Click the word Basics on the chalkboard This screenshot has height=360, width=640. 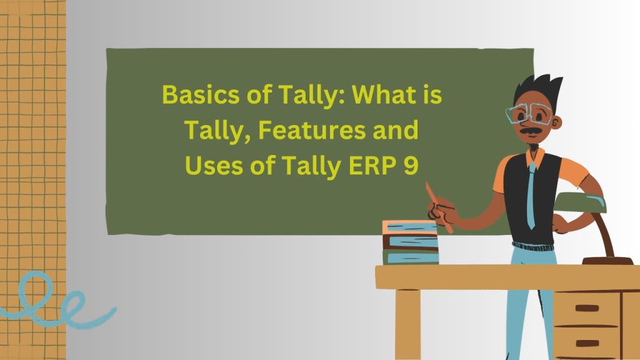point(194,95)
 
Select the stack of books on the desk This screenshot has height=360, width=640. point(410,242)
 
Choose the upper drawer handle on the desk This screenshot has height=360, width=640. point(587,308)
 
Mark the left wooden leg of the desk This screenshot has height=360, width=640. point(407,324)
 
